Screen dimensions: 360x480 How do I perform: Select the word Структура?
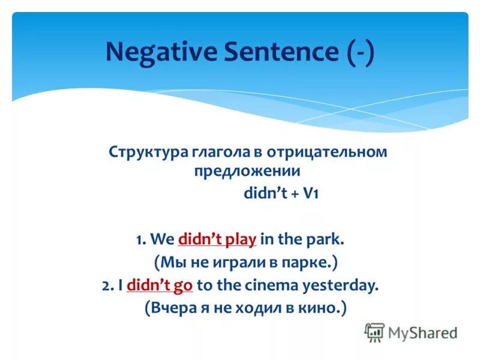click(148, 152)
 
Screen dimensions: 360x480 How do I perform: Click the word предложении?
click(247, 171)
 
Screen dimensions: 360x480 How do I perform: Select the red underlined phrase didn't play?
click(217, 240)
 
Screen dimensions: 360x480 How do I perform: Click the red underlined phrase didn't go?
click(160, 286)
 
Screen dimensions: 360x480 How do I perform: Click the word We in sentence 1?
click(162, 240)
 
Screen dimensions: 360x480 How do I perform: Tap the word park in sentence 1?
click(325, 240)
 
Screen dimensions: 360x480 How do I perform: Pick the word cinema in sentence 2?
click(274, 286)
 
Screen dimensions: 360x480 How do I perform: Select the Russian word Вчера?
click(172, 308)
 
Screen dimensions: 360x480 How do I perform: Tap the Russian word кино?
click(324, 308)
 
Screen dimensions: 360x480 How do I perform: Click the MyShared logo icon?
click(374, 331)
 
